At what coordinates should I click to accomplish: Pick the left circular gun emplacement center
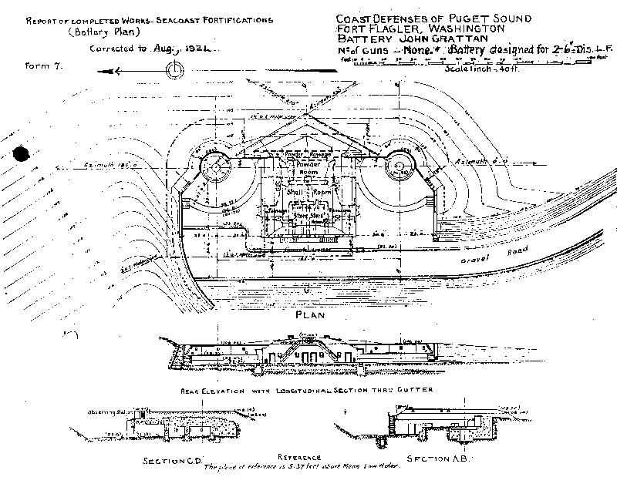[x=215, y=166]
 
